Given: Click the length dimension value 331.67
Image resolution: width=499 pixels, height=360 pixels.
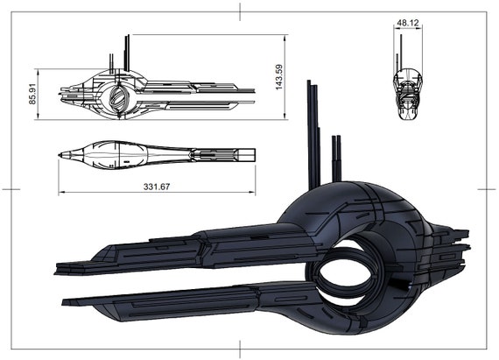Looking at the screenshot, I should pos(158,186).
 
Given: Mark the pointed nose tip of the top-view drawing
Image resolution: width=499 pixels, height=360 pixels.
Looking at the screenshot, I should pos(60,156).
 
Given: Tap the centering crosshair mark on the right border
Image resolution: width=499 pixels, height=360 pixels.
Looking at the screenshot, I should pos(487,188).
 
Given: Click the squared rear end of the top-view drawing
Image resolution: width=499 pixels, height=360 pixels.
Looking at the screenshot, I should pos(253,155).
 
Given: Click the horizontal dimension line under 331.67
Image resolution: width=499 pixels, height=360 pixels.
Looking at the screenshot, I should pos(158,194).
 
